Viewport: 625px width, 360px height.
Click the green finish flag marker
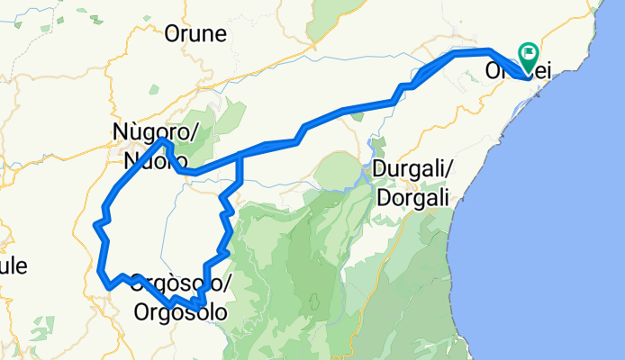tap(527, 55)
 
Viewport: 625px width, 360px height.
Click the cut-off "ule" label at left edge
tap(13, 265)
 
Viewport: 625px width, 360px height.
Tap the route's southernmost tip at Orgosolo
tap(196, 309)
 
